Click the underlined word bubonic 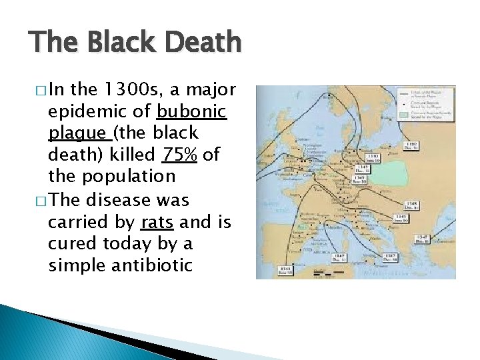[193, 111]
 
